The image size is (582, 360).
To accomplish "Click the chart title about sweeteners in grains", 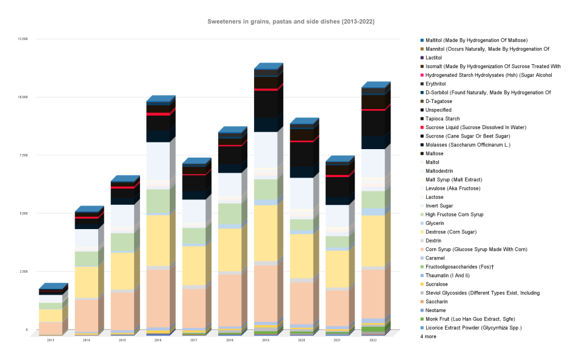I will tap(291, 21).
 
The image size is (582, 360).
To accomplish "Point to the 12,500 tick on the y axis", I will tap(23, 39).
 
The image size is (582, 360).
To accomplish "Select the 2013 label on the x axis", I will tap(50, 341).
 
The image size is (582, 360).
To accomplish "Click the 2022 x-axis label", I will tap(373, 341).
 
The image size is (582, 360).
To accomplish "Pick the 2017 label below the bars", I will tap(193, 341).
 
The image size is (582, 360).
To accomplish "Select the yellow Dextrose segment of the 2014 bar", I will tap(86, 282).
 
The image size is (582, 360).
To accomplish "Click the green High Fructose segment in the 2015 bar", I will tap(122, 242).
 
